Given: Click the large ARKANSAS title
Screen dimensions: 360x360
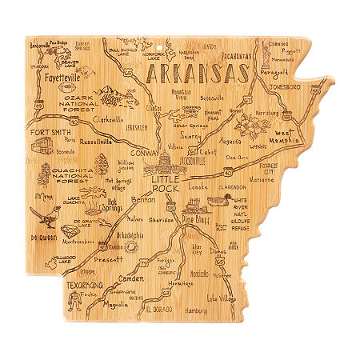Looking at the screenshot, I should [196, 74].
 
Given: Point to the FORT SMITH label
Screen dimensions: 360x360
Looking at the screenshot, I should [50, 132].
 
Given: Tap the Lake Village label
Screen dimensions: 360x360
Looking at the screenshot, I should [223, 298].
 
